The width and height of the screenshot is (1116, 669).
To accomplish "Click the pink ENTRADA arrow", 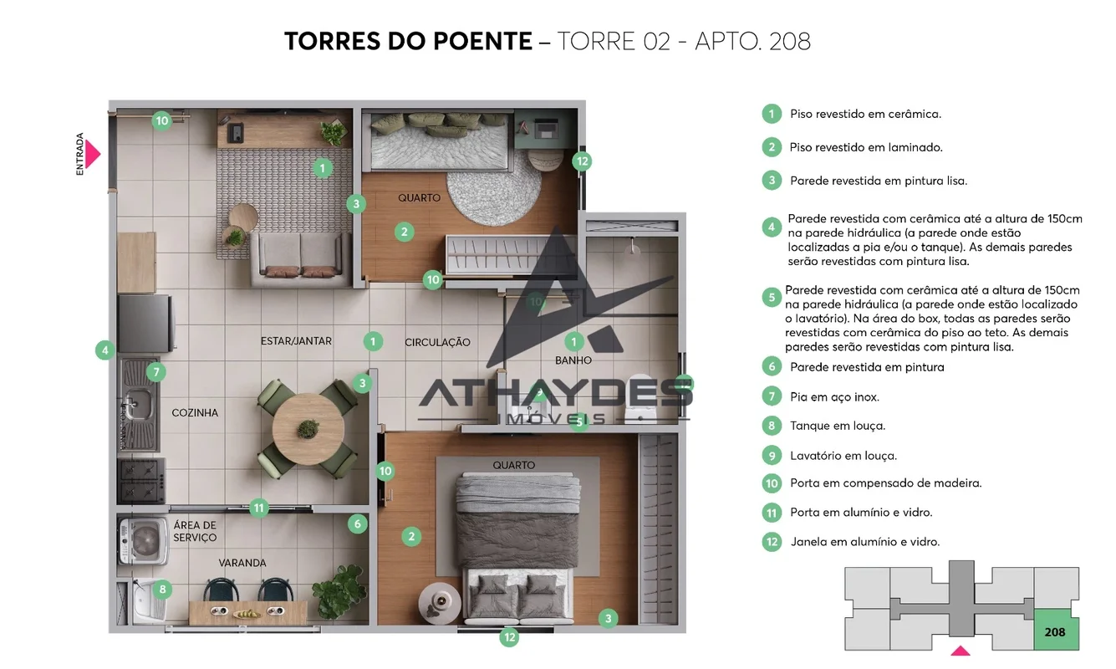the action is tap(92, 154).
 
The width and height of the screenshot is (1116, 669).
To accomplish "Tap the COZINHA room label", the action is tap(195, 413).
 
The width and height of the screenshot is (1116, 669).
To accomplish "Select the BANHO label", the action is tap(573, 360).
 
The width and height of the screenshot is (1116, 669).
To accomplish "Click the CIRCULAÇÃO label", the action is tap(437, 342).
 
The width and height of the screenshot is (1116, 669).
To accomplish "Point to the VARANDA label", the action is tap(242, 563).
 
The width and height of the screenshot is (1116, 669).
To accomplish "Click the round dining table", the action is tap(308, 429).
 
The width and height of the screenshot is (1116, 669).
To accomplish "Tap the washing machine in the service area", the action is tap(143, 540).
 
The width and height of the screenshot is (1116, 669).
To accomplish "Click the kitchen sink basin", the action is tap(137, 404).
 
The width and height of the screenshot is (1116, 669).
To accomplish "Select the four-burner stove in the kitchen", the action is tap(141, 481).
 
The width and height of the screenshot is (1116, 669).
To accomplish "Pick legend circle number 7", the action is tap(772, 397).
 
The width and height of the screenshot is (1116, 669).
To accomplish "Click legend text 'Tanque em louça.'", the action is tap(838, 426).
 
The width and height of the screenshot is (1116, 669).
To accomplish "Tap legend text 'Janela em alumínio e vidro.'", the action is tap(865, 541).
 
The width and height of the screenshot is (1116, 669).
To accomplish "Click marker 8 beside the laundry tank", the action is tap(162, 590).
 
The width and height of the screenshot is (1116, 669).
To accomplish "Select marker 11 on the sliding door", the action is tap(258, 508).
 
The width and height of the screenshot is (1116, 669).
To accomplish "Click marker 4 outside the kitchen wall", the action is tap(105, 350).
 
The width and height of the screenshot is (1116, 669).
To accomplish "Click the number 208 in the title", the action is tap(790, 41).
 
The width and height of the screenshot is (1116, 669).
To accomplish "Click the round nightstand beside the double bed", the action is tap(441, 603).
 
